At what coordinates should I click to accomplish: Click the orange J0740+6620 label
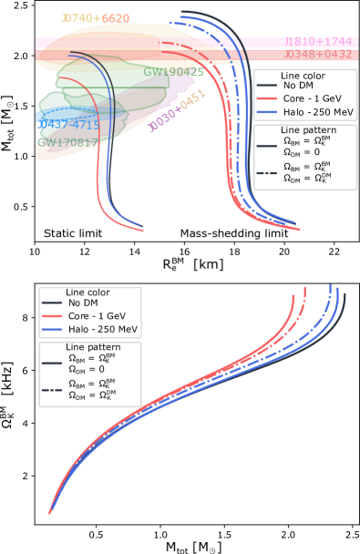(95, 18)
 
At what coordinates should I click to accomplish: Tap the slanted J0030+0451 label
(178, 111)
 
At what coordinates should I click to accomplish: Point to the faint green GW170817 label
(64, 143)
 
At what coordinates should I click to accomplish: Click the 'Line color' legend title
(303, 76)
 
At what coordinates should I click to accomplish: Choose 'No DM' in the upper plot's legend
(300, 86)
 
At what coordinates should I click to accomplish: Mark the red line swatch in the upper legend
(267, 97)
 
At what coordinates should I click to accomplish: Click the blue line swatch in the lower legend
(52, 328)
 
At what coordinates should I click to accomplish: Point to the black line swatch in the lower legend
(52, 303)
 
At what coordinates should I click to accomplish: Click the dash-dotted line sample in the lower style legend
(52, 390)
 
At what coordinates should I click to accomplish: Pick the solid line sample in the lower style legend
(52, 364)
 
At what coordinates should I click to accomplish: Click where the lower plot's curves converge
(51, 511)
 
